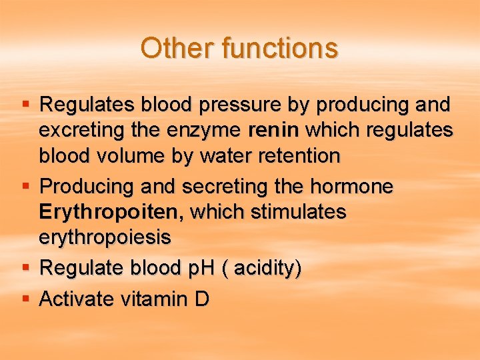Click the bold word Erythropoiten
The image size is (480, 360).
(109, 212)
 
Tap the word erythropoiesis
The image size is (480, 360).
(105, 237)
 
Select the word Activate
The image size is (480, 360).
(77, 299)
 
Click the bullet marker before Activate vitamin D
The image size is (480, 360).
(25, 298)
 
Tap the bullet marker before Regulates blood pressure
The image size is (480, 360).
(25, 104)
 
